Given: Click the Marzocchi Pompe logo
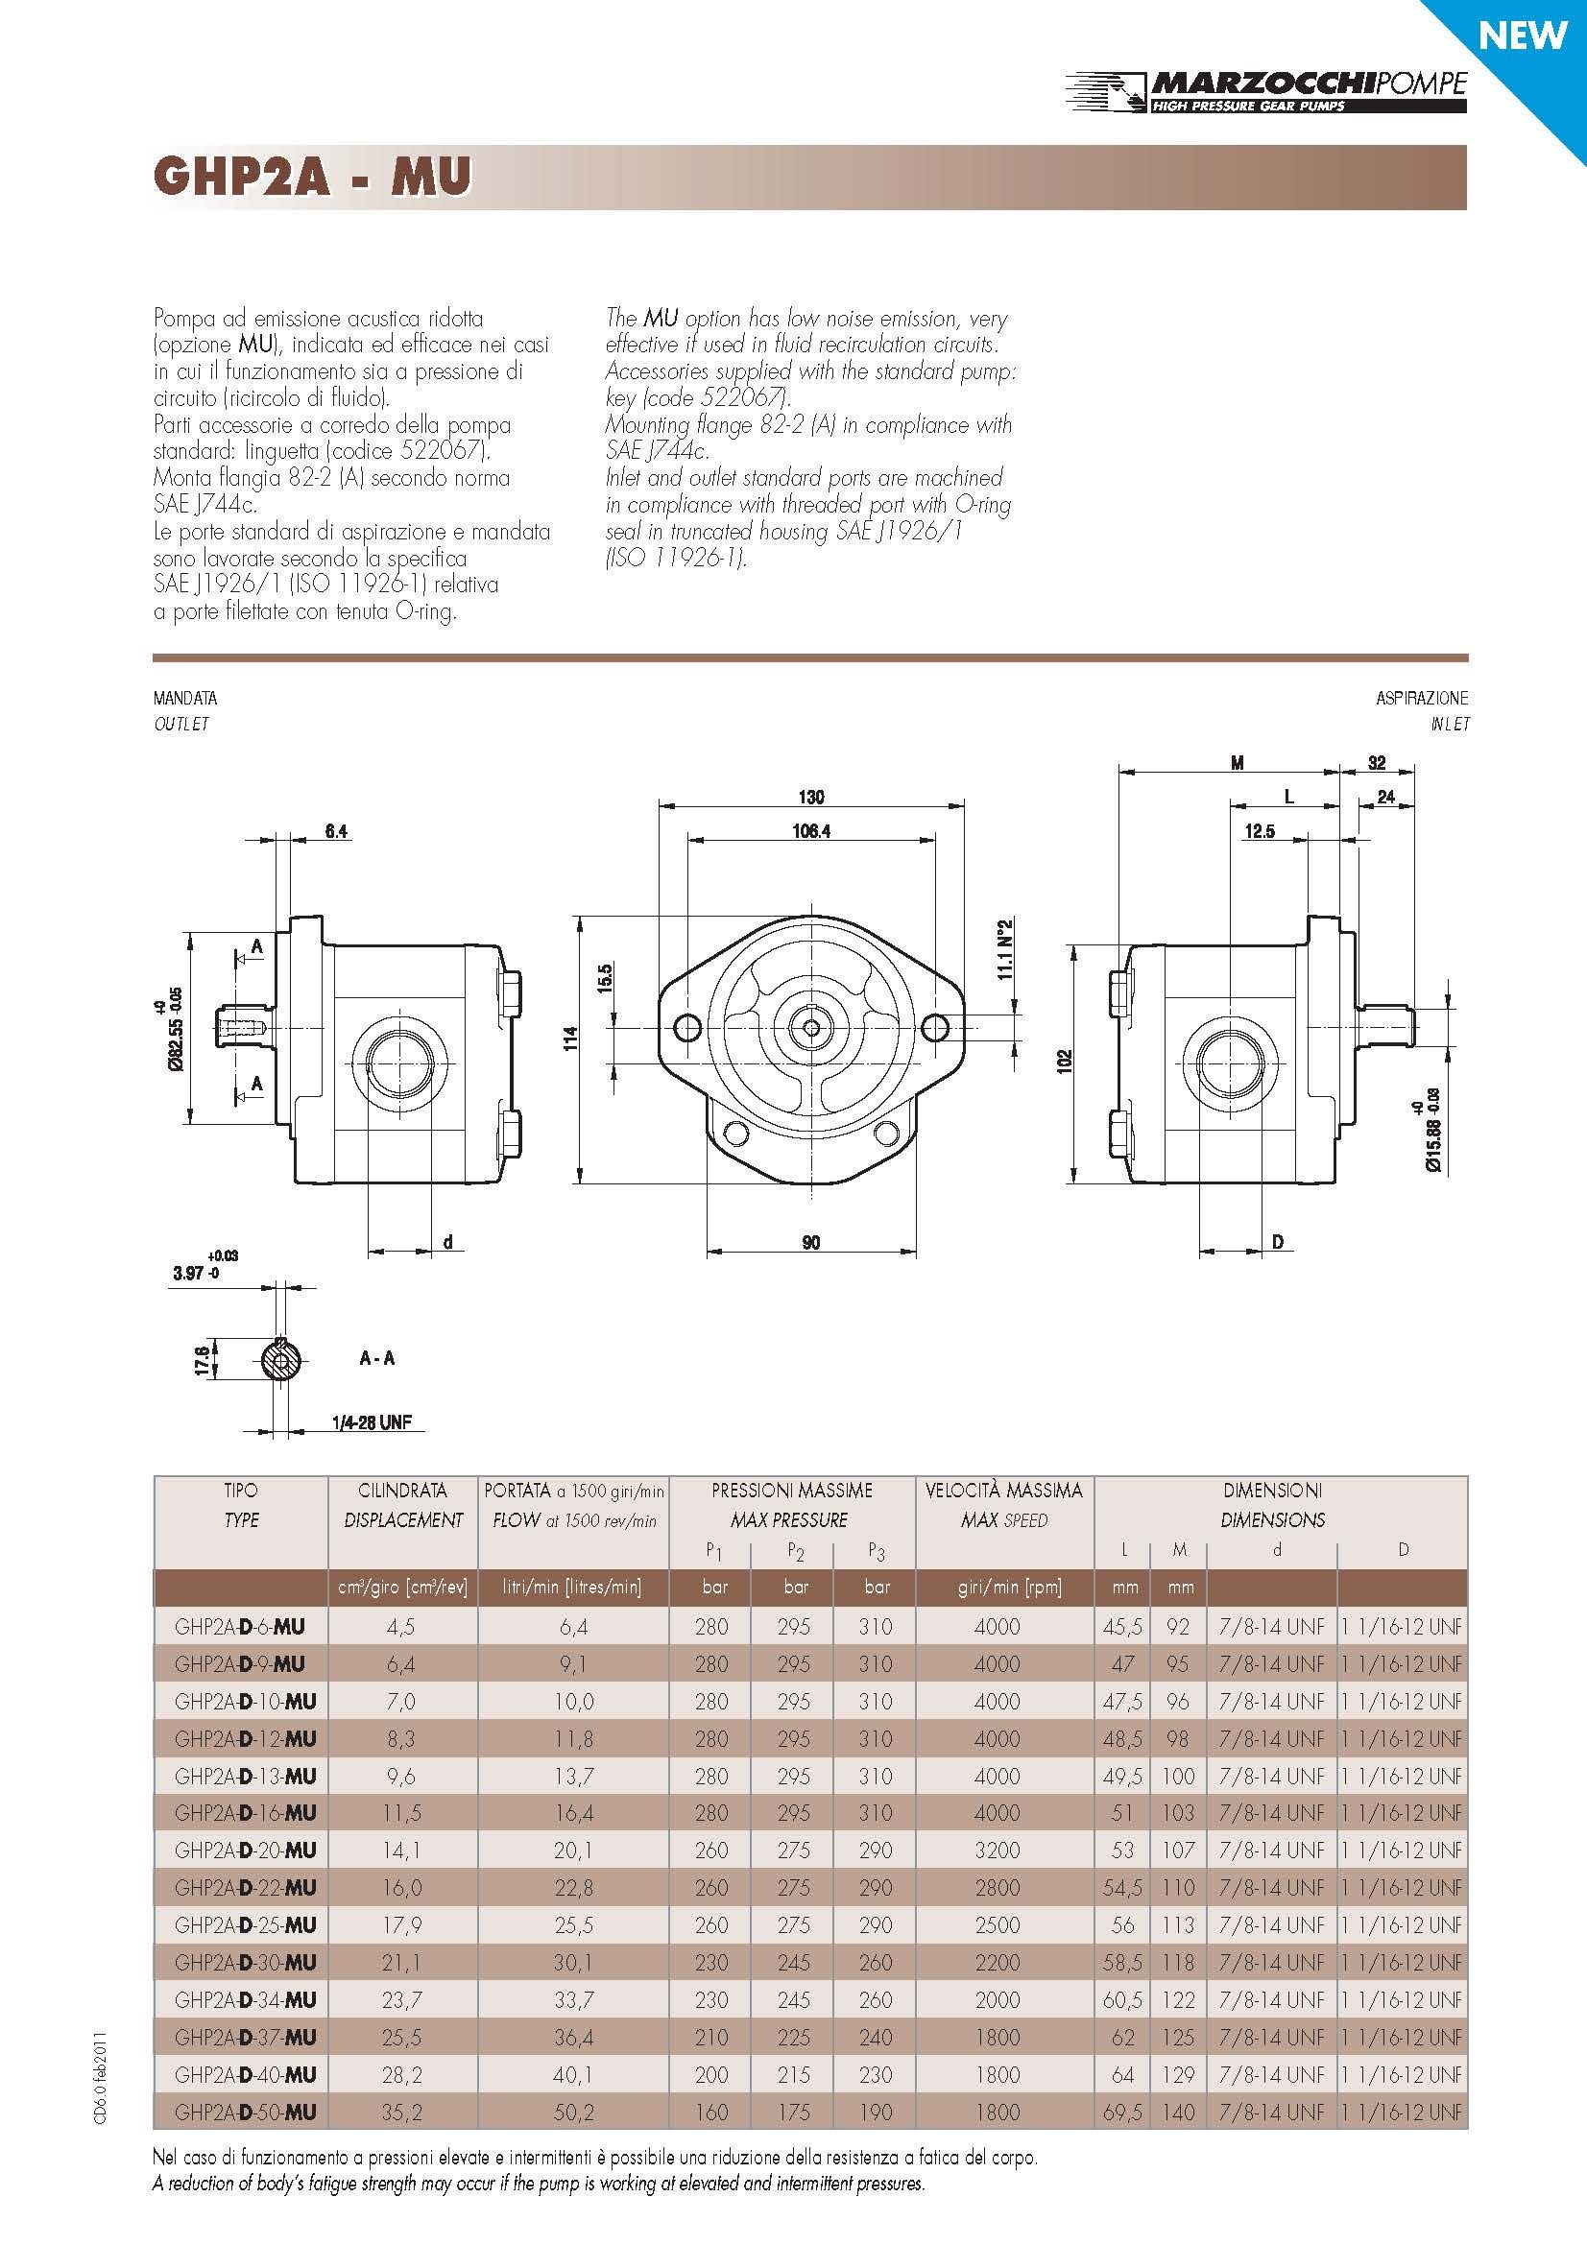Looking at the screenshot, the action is [x=1265, y=91].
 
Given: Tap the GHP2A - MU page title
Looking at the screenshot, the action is [x=312, y=177].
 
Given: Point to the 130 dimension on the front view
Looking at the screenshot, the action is [x=811, y=797].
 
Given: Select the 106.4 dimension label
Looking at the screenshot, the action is [x=811, y=831].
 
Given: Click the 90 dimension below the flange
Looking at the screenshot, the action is [x=811, y=1243].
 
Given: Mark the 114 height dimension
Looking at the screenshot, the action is [x=571, y=1038].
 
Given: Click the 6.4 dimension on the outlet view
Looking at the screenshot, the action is [x=336, y=831].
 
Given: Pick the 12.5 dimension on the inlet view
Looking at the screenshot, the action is [x=1260, y=831].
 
